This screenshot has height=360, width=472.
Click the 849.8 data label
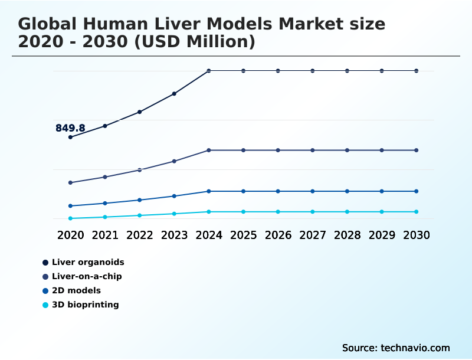(70, 128)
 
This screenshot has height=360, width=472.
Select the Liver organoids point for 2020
(70, 137)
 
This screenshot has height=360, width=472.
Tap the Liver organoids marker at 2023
(174, 94)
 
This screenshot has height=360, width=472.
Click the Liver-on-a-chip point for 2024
(209, 150)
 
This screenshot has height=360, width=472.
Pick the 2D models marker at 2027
(313, 191)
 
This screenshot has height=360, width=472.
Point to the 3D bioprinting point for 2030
(417, 212)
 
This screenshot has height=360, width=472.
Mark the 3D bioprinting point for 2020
(70, 218)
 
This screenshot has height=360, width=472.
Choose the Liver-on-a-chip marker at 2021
(105, 177)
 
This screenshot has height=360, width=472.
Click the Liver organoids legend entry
(87, 262)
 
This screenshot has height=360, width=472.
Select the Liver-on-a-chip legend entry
(86, 276)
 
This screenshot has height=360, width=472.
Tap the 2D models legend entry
(76, 290)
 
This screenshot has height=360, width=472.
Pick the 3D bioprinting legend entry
(84, 305)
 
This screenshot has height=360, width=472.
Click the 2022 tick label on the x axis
(140, 235)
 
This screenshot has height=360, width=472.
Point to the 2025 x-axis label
(243, 235)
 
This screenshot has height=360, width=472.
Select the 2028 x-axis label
(347, 235)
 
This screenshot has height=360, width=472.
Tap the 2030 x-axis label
(417, 235)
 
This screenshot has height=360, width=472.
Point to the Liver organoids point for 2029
(382, 71)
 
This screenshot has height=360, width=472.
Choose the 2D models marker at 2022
(140, 200)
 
